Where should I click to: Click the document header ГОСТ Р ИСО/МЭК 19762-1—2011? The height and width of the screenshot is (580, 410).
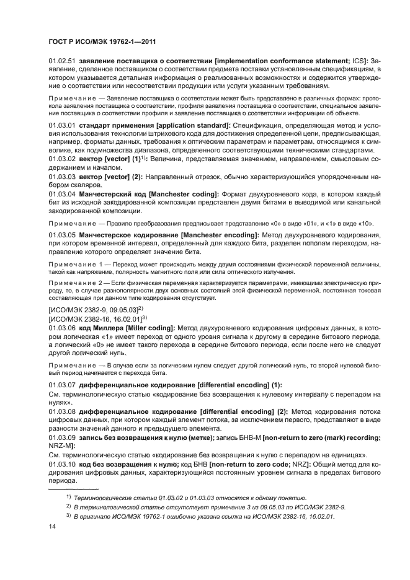point(102,42)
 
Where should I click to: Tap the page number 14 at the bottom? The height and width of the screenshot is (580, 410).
point(52,527)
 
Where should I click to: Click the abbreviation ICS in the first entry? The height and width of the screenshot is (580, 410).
point(359,60)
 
